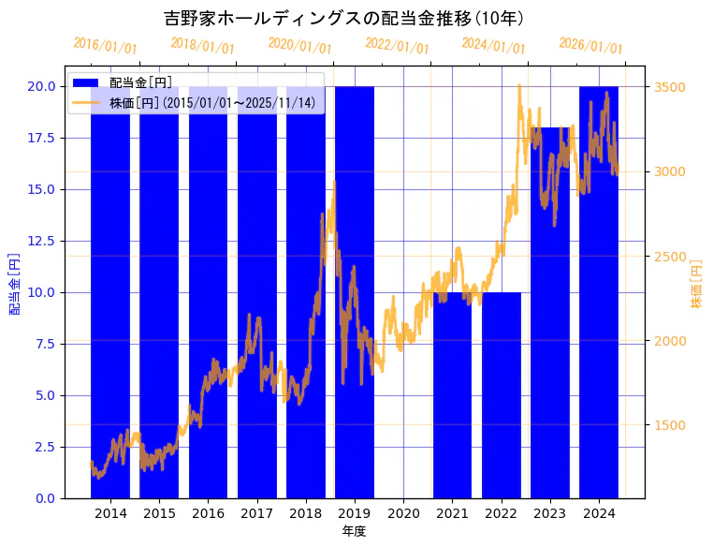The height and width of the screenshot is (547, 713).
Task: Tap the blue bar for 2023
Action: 549,356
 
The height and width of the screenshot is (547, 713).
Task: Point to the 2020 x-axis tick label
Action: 403,513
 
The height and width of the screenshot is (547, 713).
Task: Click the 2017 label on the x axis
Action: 256,513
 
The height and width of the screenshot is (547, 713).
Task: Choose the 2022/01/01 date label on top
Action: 398,46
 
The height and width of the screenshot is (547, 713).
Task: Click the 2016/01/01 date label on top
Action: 106,46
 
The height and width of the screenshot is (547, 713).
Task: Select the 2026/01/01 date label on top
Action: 591,46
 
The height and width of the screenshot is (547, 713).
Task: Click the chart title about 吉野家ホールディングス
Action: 344,18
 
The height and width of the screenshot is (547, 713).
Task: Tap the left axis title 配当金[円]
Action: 14,283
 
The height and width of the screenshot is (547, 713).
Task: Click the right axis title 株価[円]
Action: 696,283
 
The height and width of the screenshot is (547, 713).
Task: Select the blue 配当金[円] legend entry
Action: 140,83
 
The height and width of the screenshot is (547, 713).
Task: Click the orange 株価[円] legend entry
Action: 211,102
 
